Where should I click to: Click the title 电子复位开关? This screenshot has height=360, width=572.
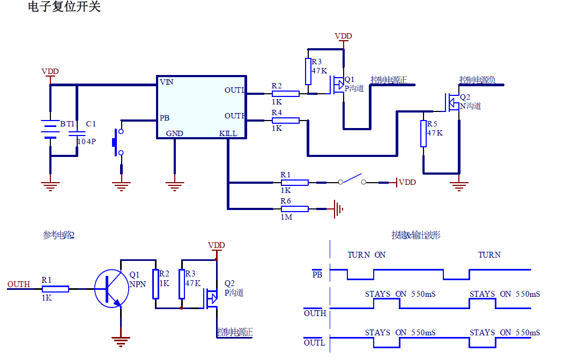tap(64, 7)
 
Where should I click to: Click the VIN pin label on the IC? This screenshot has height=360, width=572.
tap(166, 82)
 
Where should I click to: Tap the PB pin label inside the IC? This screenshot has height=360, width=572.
tap(165, 118)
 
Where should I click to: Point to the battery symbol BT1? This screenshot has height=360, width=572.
tap(50, 132)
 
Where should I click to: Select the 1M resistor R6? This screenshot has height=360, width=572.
tap(294, 209)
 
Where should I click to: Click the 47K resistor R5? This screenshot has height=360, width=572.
tap(424, 133)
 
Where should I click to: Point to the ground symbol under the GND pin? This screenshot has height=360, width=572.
tap(174, 185)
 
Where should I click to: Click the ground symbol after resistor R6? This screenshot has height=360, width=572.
tap(337, 209)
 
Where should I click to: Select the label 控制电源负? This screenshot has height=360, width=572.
tap(477, 80)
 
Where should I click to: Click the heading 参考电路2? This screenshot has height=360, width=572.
tap(58, 235)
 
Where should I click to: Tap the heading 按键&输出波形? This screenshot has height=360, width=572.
tap(416, 235)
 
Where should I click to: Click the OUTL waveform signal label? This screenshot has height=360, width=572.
tap(315, 343)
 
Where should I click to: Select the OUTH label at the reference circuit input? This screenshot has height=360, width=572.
tap(19, 284)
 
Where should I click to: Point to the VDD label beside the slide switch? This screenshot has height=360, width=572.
tap(407, 182)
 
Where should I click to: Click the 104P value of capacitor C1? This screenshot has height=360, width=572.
tap(86, 141)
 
